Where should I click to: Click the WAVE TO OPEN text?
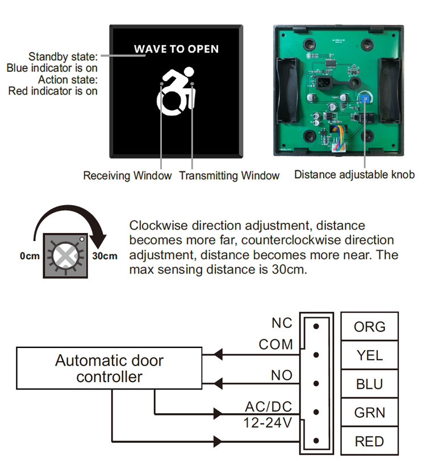click(x=176, y=49)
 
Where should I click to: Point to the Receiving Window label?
click(x=127, y=176)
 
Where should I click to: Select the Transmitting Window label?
click(x=229, y=176)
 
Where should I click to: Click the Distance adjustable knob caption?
click(x=354, y=175)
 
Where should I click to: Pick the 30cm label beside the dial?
click(x=105, y=256)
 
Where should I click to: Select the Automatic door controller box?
click(x=109, y=368)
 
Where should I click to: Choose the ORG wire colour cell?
click(x=369, y=327)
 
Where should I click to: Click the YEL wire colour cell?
click(x=369, y=355)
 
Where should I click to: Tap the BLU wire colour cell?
click(x=369, y=384)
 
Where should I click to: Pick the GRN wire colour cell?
click(x=369, y=413)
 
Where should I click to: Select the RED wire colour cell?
click(x=369, y=441)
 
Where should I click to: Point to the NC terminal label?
click(x=282, y=323)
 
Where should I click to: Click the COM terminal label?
click(x=275, y=345)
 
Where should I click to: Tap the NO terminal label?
click(x=282, y=375)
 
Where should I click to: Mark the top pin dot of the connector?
click(x=316, y=326)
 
